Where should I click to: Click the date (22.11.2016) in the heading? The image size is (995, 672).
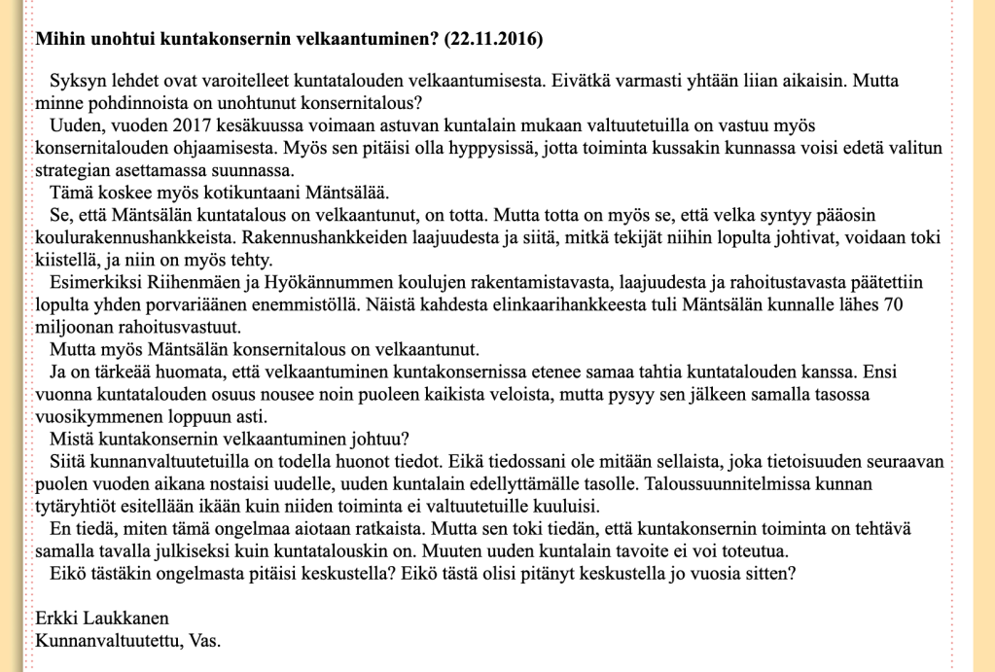(493, 40)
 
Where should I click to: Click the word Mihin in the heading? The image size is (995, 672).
(56, 40)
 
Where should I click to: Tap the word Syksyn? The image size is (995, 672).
(77, 82)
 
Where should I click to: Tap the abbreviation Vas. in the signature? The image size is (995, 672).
(204, 640)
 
